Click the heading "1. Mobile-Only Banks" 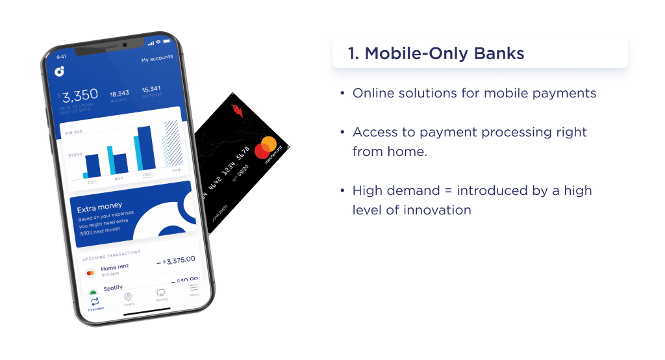(436, 53)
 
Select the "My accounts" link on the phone (157, 58)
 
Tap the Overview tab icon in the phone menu (95, 302)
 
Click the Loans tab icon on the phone (128, 297)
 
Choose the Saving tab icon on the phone (160, 293)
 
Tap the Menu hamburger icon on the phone (194, 288)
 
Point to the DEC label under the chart (147, 174)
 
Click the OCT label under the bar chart (92, 182)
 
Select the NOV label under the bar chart (119, 178)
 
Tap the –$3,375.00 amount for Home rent (176, 261)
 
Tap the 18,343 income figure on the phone (119, 94)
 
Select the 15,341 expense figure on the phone (151, 89)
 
